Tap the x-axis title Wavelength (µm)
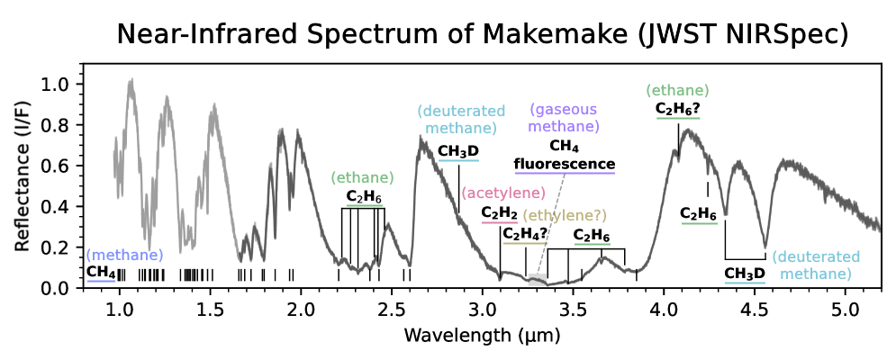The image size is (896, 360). (483, 336)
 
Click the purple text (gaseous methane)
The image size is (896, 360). (565, 118)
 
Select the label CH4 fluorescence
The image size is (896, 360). (565, 155)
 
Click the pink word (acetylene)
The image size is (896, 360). (503, 193)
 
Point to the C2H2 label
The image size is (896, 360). (499, 212)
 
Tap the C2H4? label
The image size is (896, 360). (525, 234)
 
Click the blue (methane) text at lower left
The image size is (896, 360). (125, 255)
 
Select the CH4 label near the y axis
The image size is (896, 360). (101, 272)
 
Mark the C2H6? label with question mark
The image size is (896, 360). (678, 109)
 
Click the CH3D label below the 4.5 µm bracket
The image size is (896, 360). (744, 274)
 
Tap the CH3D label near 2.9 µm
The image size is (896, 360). (458, 151)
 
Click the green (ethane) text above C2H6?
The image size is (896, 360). (678, 91)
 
